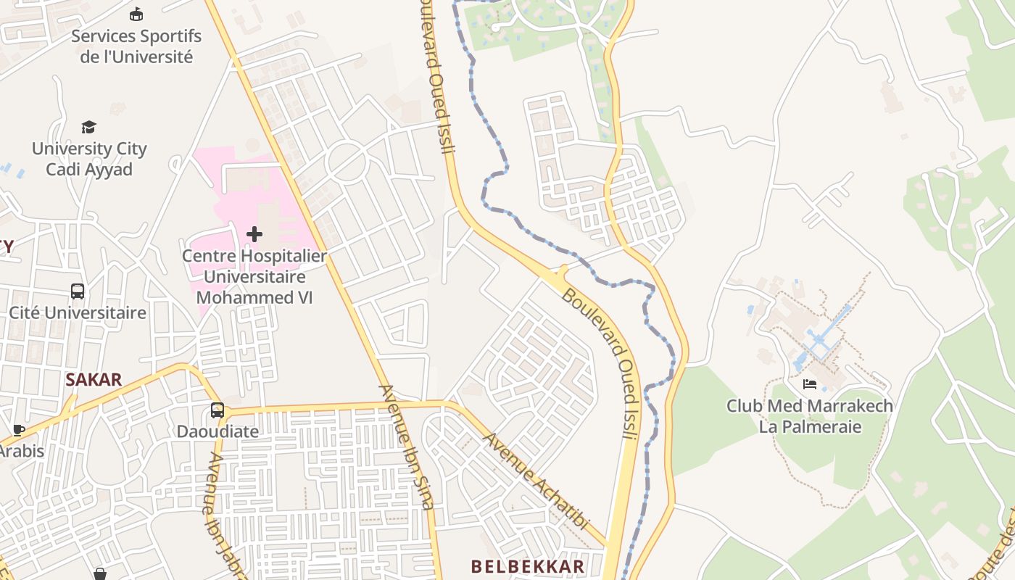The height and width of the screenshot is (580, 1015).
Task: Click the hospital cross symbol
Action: click(x=254, y=234)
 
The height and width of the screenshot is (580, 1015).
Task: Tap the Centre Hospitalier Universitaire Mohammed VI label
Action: click(x=254, y=276)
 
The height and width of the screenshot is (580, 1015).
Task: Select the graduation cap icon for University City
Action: click(x=88, y=128)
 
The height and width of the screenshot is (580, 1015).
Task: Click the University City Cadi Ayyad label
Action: click(x=89, y=159)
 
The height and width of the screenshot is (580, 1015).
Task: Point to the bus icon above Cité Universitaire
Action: click(x=78, y=291)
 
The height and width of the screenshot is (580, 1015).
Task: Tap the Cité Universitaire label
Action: click(x=78, y=312)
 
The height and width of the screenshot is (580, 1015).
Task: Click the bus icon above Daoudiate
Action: click(x=217, y=410)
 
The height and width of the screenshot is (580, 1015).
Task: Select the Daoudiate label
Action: click(x=217, y=431)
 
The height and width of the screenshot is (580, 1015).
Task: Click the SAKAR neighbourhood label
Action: click(x=94, y=379)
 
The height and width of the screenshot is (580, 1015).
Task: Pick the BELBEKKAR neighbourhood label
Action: click(x=528, y=566)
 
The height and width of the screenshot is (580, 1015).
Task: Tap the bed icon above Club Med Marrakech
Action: click(x=810, y=384)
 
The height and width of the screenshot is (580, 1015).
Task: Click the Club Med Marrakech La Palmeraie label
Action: click(x=810, y=415)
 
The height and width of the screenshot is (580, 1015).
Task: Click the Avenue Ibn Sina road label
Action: click(x=407, y=447)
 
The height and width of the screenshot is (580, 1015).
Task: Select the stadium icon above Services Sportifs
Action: click(x=136, y=14)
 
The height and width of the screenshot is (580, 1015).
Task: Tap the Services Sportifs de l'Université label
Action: click(x=136, y=46)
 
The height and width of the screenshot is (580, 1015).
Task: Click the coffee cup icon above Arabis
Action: click(x=19, y=430)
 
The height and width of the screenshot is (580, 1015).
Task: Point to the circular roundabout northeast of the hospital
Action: click(x=346, y=159)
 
